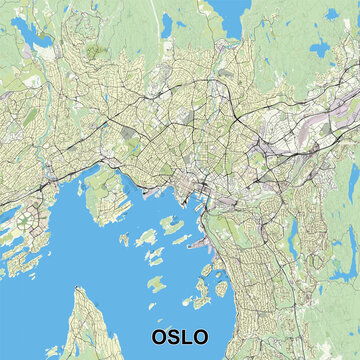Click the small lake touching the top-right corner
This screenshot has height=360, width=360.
(x=352, y=5)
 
